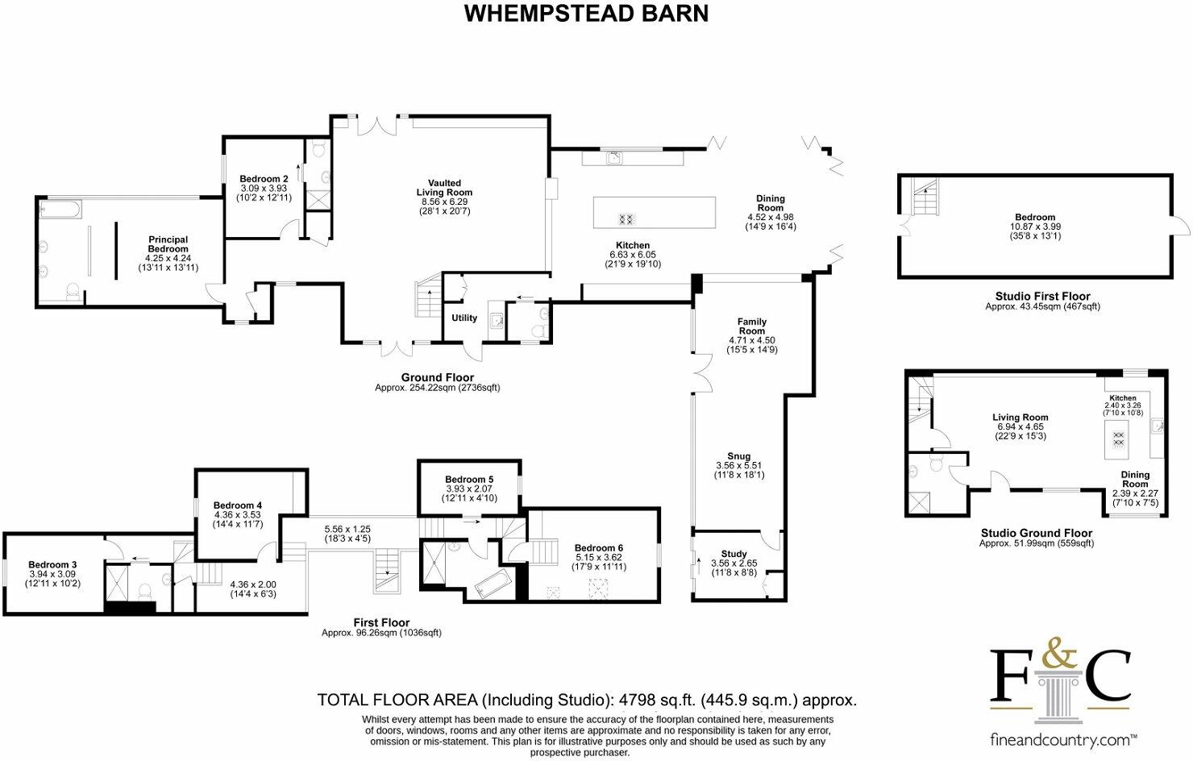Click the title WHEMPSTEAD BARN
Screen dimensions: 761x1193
coord(586,14)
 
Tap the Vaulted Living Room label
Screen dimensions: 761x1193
coord(444,188)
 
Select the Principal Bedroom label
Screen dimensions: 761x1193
coord(168,244)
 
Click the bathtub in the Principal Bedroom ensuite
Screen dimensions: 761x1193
coord(60,211)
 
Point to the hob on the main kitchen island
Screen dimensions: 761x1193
coord(626,218)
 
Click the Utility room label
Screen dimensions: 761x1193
coord(464,318)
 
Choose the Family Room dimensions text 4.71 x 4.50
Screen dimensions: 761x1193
coord(751,340)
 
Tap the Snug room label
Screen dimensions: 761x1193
coord(738,456)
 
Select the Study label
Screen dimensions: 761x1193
coord(734,554)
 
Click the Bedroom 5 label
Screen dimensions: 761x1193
coord(469,480)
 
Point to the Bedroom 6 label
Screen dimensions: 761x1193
coord(599,548)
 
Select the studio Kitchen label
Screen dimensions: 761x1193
coord(1122,397)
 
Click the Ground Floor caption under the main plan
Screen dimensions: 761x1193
coord(437,377)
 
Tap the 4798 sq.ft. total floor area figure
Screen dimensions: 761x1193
coord(656,700)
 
